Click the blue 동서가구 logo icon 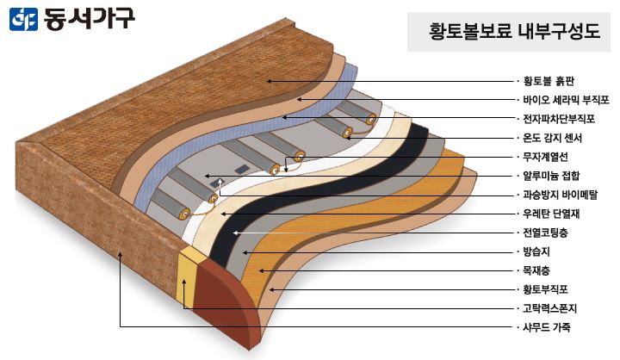click(23, 19)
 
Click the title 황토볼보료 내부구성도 click(514, 31)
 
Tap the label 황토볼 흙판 click(549, 81)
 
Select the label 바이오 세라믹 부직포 click(566, 100)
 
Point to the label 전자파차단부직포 click(559, 119)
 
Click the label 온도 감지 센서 click(552, 138)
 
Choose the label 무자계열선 click(545, 157)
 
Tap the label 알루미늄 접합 click(551, 176)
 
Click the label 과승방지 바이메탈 click(561, 195)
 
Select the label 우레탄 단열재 click(551, 214)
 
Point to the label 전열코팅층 click(545, 233)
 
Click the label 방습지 click(536, 251)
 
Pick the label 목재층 click(536, 270)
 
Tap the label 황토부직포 click(545, 289)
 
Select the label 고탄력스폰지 click(549, 308)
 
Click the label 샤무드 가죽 click(547, 327)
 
